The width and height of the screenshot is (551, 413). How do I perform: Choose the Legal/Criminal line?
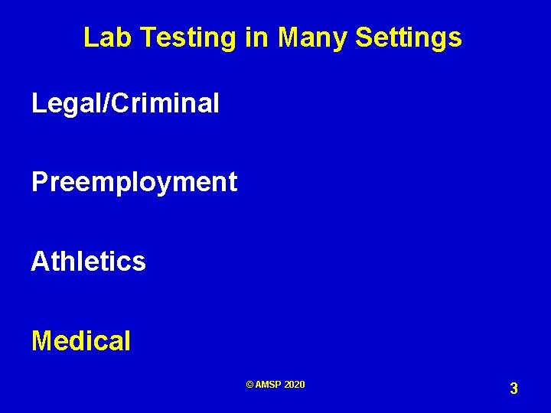pyautogui.click(x=125, y=102)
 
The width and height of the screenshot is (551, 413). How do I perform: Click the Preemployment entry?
pyautogui.click(x=134, y=183)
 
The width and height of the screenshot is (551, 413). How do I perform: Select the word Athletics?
pyautogui.click(x=88, y=262)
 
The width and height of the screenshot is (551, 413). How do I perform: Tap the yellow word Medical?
pyautogui.click(x=81, y=340)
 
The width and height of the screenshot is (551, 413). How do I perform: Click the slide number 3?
pyautogui.click(x=514, y=389)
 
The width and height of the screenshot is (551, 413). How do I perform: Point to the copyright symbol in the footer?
pyautogui.click(x=250, y=385)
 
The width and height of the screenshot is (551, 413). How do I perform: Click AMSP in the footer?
pyautogui.click(x=269, y=385)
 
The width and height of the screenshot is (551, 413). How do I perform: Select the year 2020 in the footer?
pyautogui.click(x=294, y=385)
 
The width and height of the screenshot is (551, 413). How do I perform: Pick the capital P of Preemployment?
pyautogui.click(x=39, y=182)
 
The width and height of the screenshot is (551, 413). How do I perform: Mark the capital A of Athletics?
pyautogui.click(x=40, y=262)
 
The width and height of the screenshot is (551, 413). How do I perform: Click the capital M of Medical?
pyautogui.click(x=42, y=340)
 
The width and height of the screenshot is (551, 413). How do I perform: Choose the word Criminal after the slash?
pyautogui.click(x=165, y=102)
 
